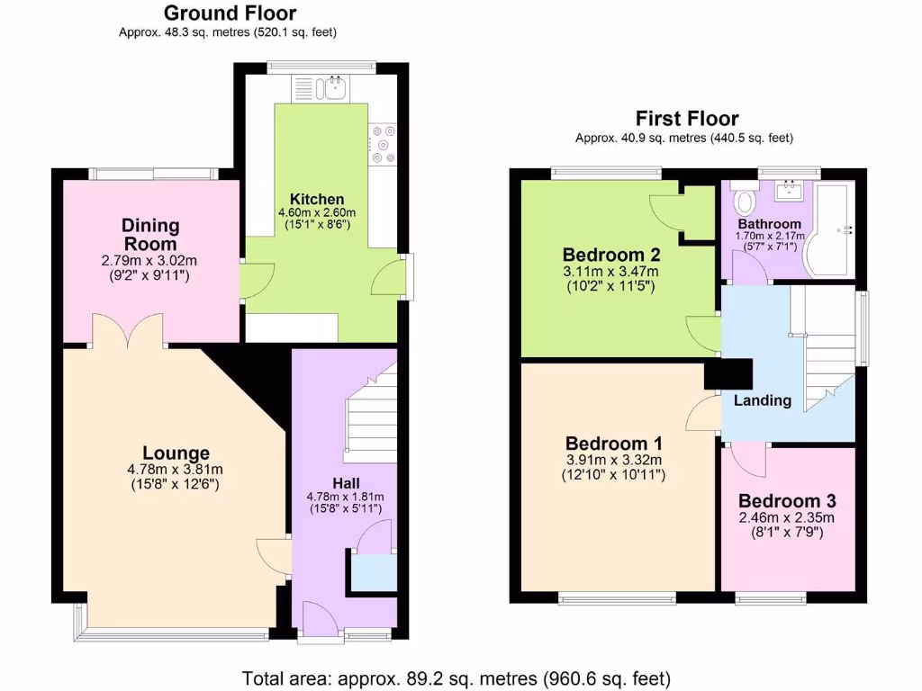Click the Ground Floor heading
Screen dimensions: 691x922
[x=230, y=13]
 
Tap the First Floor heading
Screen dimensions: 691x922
[x=686, y=119]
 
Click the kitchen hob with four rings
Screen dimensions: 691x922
[x=384, y=144]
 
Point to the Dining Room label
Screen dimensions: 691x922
[x=150, y=234]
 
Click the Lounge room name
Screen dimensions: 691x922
[x=176, y=453]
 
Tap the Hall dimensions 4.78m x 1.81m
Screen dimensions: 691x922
[x=346, y=497]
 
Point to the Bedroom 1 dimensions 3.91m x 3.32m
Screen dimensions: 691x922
[x=615, y=460]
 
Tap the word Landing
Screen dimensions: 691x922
[x=762, y=400]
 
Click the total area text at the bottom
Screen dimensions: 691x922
[x=456, y=678]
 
